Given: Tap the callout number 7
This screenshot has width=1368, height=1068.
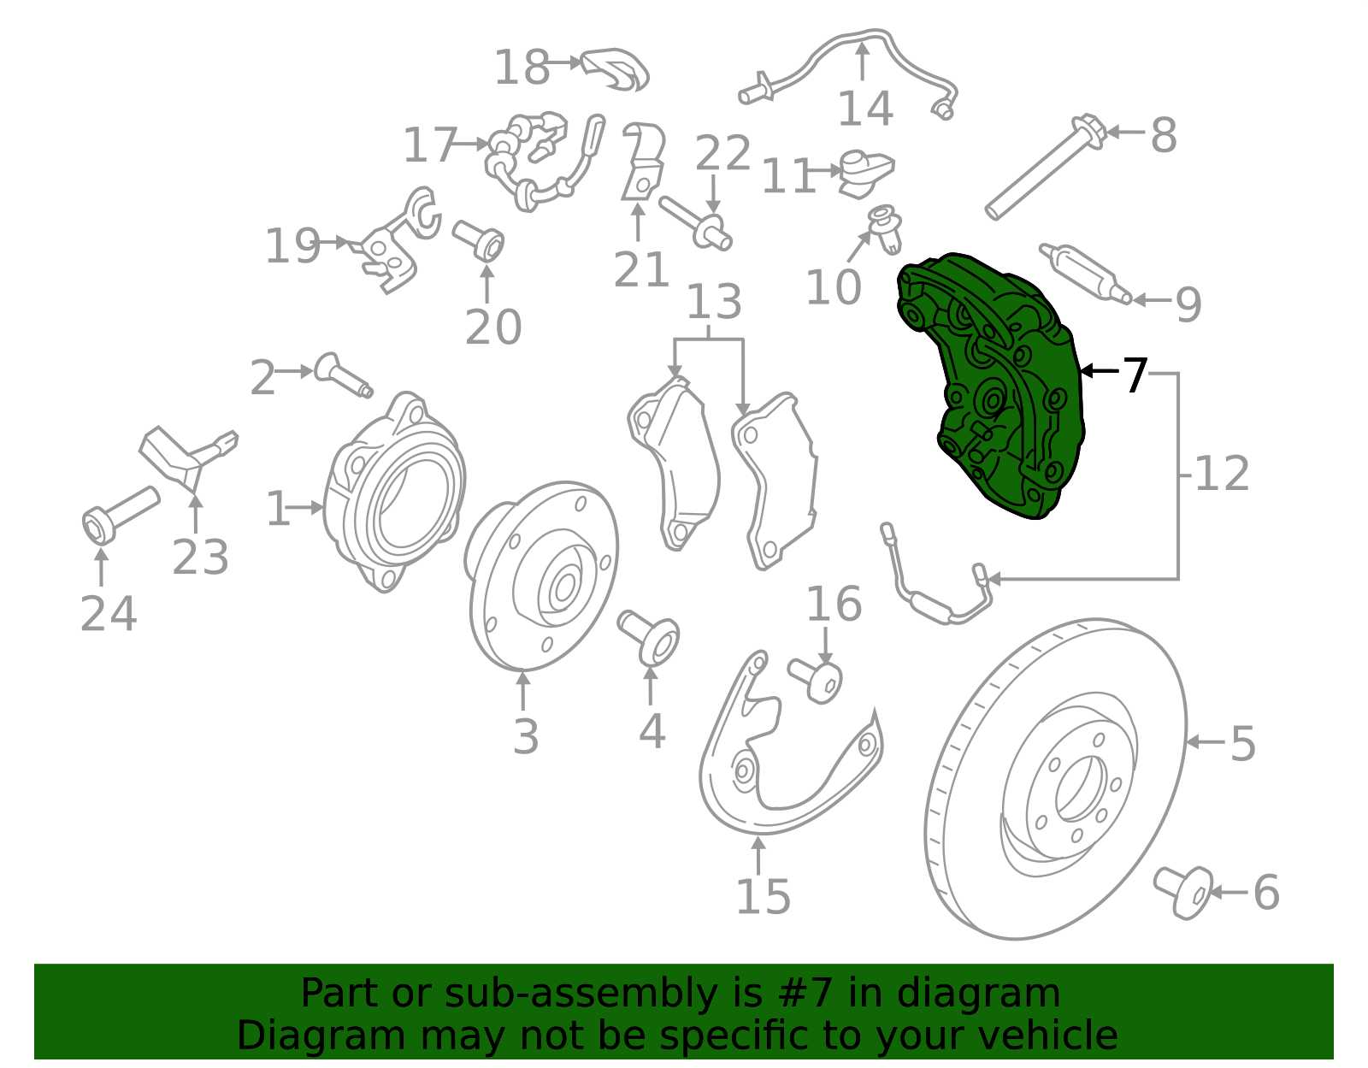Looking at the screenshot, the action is coord(1135,375).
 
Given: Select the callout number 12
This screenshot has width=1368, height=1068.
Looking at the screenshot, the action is coord(1221,473).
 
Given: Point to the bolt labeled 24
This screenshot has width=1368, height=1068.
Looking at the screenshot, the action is coord(121,515).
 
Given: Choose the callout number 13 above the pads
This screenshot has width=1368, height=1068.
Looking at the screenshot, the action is coord(714,302).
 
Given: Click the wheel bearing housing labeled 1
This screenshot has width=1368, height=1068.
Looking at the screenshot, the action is coord(395,493).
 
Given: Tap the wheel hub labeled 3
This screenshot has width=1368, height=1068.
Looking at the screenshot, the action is coord(541,575).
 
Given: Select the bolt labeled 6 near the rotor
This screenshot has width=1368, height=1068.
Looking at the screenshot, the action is coord(1183,892).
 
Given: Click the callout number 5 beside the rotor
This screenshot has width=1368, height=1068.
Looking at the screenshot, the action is coord(1243,743).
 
